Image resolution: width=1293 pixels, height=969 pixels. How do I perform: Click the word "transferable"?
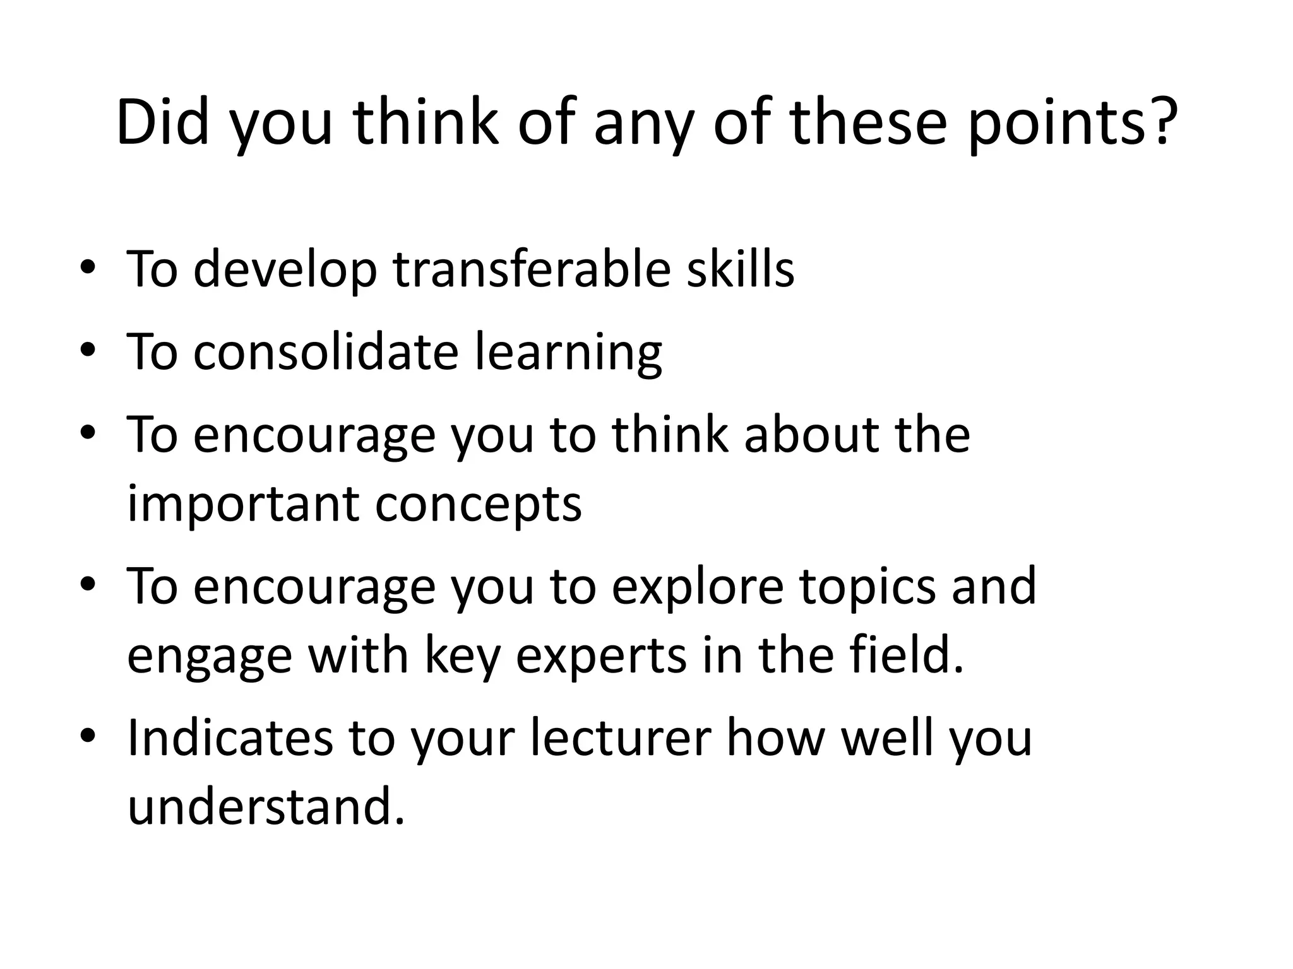point(531,269)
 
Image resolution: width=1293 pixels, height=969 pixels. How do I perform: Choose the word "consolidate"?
point(325,351)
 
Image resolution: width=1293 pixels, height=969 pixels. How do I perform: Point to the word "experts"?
point(601,657)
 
